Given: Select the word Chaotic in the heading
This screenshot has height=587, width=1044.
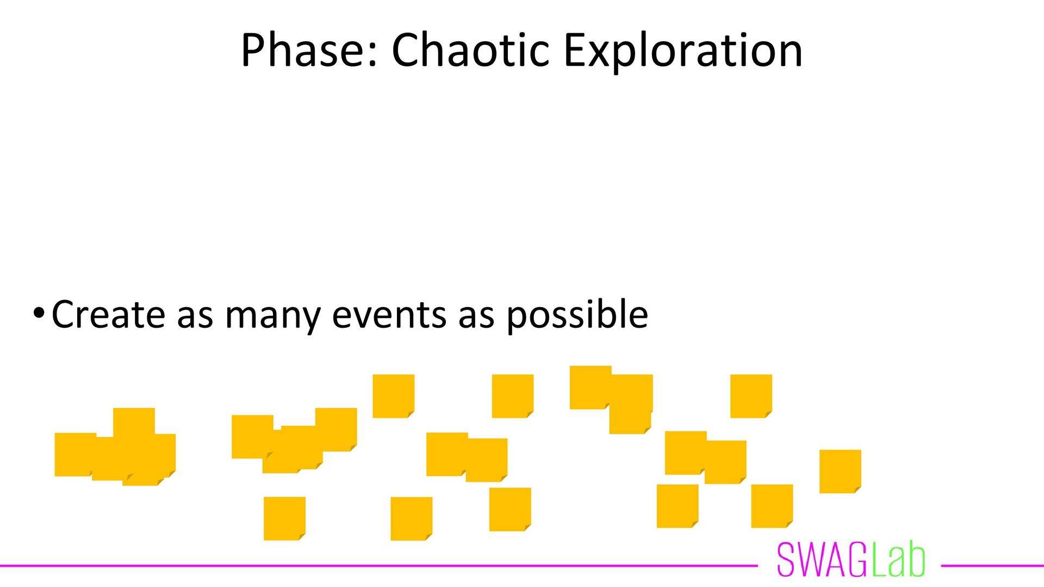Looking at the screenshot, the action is coord(471,50).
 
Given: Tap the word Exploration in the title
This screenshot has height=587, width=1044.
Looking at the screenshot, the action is coord(683,50).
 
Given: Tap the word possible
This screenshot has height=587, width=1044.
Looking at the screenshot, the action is coord(577,315).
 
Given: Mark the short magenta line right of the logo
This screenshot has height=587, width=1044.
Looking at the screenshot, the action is coord(992,566).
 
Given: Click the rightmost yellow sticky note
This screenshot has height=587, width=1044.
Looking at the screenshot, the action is coord(840,471).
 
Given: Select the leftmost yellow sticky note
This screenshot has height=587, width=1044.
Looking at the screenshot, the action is coord(73,454).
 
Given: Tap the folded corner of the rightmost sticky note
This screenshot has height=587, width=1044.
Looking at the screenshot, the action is coord(857,489).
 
